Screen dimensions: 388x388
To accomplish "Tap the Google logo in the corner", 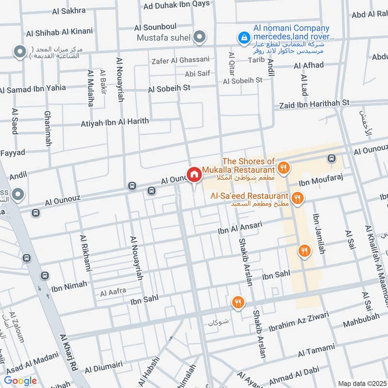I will click(20, 381).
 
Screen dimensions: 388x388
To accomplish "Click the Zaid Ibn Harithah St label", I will click(314, 104).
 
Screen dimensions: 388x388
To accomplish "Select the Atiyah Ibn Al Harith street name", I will click(114, 122).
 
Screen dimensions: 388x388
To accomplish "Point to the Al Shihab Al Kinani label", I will click(59, 33).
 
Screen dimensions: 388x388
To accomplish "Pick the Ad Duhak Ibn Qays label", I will click(177, 5).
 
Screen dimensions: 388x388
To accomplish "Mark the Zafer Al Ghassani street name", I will click(180, 60).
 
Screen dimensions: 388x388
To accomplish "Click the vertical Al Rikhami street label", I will click(83, 254).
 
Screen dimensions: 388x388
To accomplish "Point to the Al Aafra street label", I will click(113, 292).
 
